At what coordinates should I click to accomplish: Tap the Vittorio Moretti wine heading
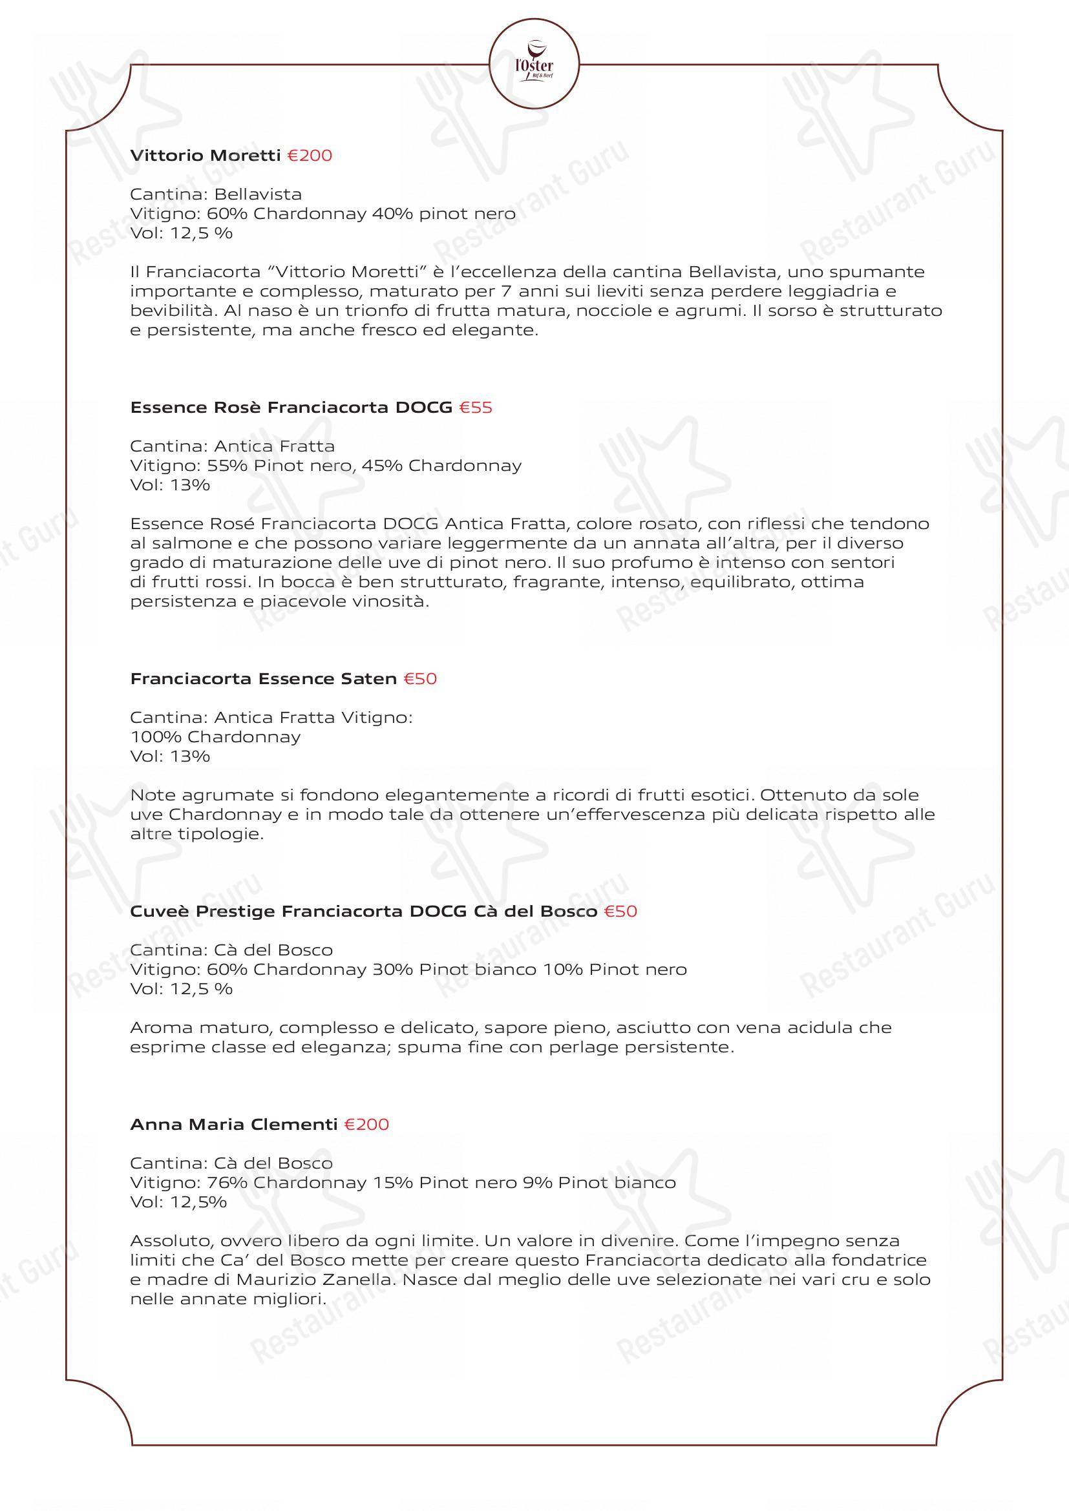(206, 156)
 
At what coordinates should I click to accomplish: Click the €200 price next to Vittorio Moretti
(310, 156)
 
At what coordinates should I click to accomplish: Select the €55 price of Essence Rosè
(475, 408)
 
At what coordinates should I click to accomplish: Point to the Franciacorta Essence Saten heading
(263, 678)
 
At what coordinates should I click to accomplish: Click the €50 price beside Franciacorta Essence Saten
(420, 678)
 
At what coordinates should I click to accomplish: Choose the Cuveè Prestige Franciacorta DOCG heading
(363, 912)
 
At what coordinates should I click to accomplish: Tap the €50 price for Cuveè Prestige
(620, 912)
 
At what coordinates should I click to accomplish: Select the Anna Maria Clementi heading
(234, 1124)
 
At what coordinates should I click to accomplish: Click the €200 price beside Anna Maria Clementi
(366, 1124)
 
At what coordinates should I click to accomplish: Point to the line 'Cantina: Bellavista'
(216, 194)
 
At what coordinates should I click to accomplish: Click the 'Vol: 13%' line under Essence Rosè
(170, 485)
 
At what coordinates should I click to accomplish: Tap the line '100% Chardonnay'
(215, 736)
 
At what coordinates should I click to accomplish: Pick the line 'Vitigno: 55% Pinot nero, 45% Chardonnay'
(326, 465)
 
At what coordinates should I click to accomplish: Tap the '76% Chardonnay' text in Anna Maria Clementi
(286, 1183)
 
